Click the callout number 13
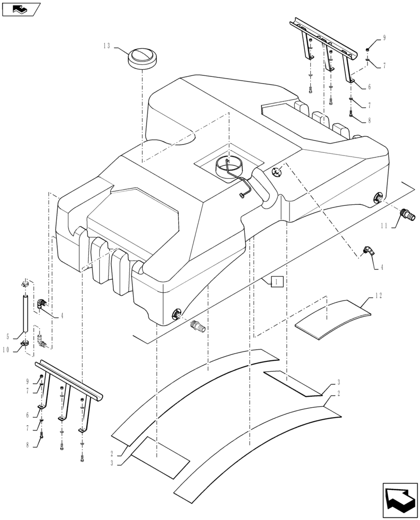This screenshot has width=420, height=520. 106,46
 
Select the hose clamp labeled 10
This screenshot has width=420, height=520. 24,343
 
